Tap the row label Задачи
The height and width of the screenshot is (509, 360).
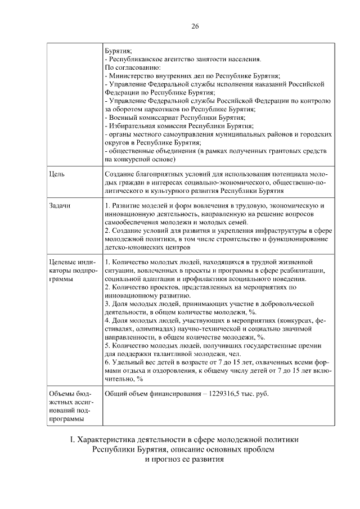60,206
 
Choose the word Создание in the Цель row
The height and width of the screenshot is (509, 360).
121,174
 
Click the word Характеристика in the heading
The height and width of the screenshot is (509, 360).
104,439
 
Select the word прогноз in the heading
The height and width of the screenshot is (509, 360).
169,459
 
